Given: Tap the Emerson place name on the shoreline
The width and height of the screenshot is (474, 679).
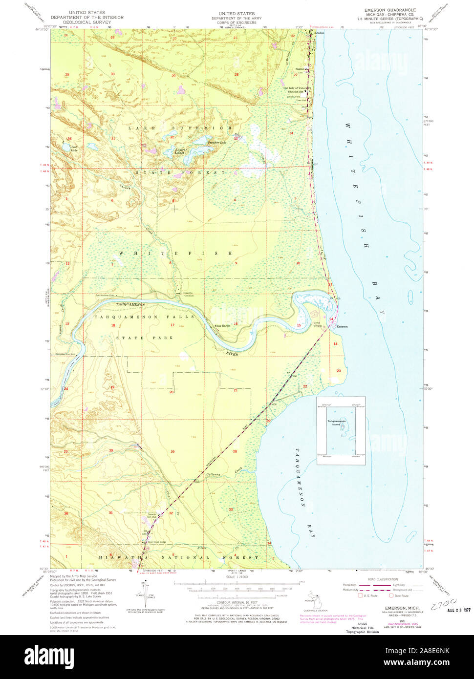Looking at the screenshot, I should (x=342, y=326).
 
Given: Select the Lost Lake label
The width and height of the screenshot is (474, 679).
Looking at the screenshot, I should (x=61, y=148).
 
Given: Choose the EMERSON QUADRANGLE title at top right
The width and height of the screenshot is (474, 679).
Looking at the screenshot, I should (x=390, y=10).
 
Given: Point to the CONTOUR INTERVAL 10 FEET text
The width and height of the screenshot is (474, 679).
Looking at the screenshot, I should (x=237, y=603).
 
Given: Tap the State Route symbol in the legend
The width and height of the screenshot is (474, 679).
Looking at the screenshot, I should (x=391, y=595).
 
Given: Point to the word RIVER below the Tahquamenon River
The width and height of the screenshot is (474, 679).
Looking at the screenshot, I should (x=232, y=354).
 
